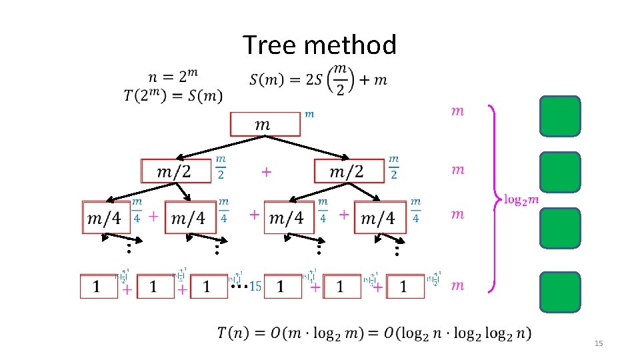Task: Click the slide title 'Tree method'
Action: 319,45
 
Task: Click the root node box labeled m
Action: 265,124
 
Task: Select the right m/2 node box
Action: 349,171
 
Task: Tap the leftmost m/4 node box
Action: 105,217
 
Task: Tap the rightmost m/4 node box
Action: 379,217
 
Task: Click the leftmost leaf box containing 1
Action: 98,286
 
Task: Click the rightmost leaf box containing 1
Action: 404,286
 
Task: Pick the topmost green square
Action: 560,116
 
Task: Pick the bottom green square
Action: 560,292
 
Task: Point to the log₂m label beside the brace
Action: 522,199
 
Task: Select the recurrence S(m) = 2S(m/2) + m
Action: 318,79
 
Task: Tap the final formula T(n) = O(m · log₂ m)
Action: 375,333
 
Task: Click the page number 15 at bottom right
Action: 598,343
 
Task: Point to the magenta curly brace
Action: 494,199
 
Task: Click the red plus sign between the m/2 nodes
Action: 266,172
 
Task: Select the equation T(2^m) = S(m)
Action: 173,95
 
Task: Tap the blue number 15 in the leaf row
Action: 254,287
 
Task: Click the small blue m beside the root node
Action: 309,114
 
